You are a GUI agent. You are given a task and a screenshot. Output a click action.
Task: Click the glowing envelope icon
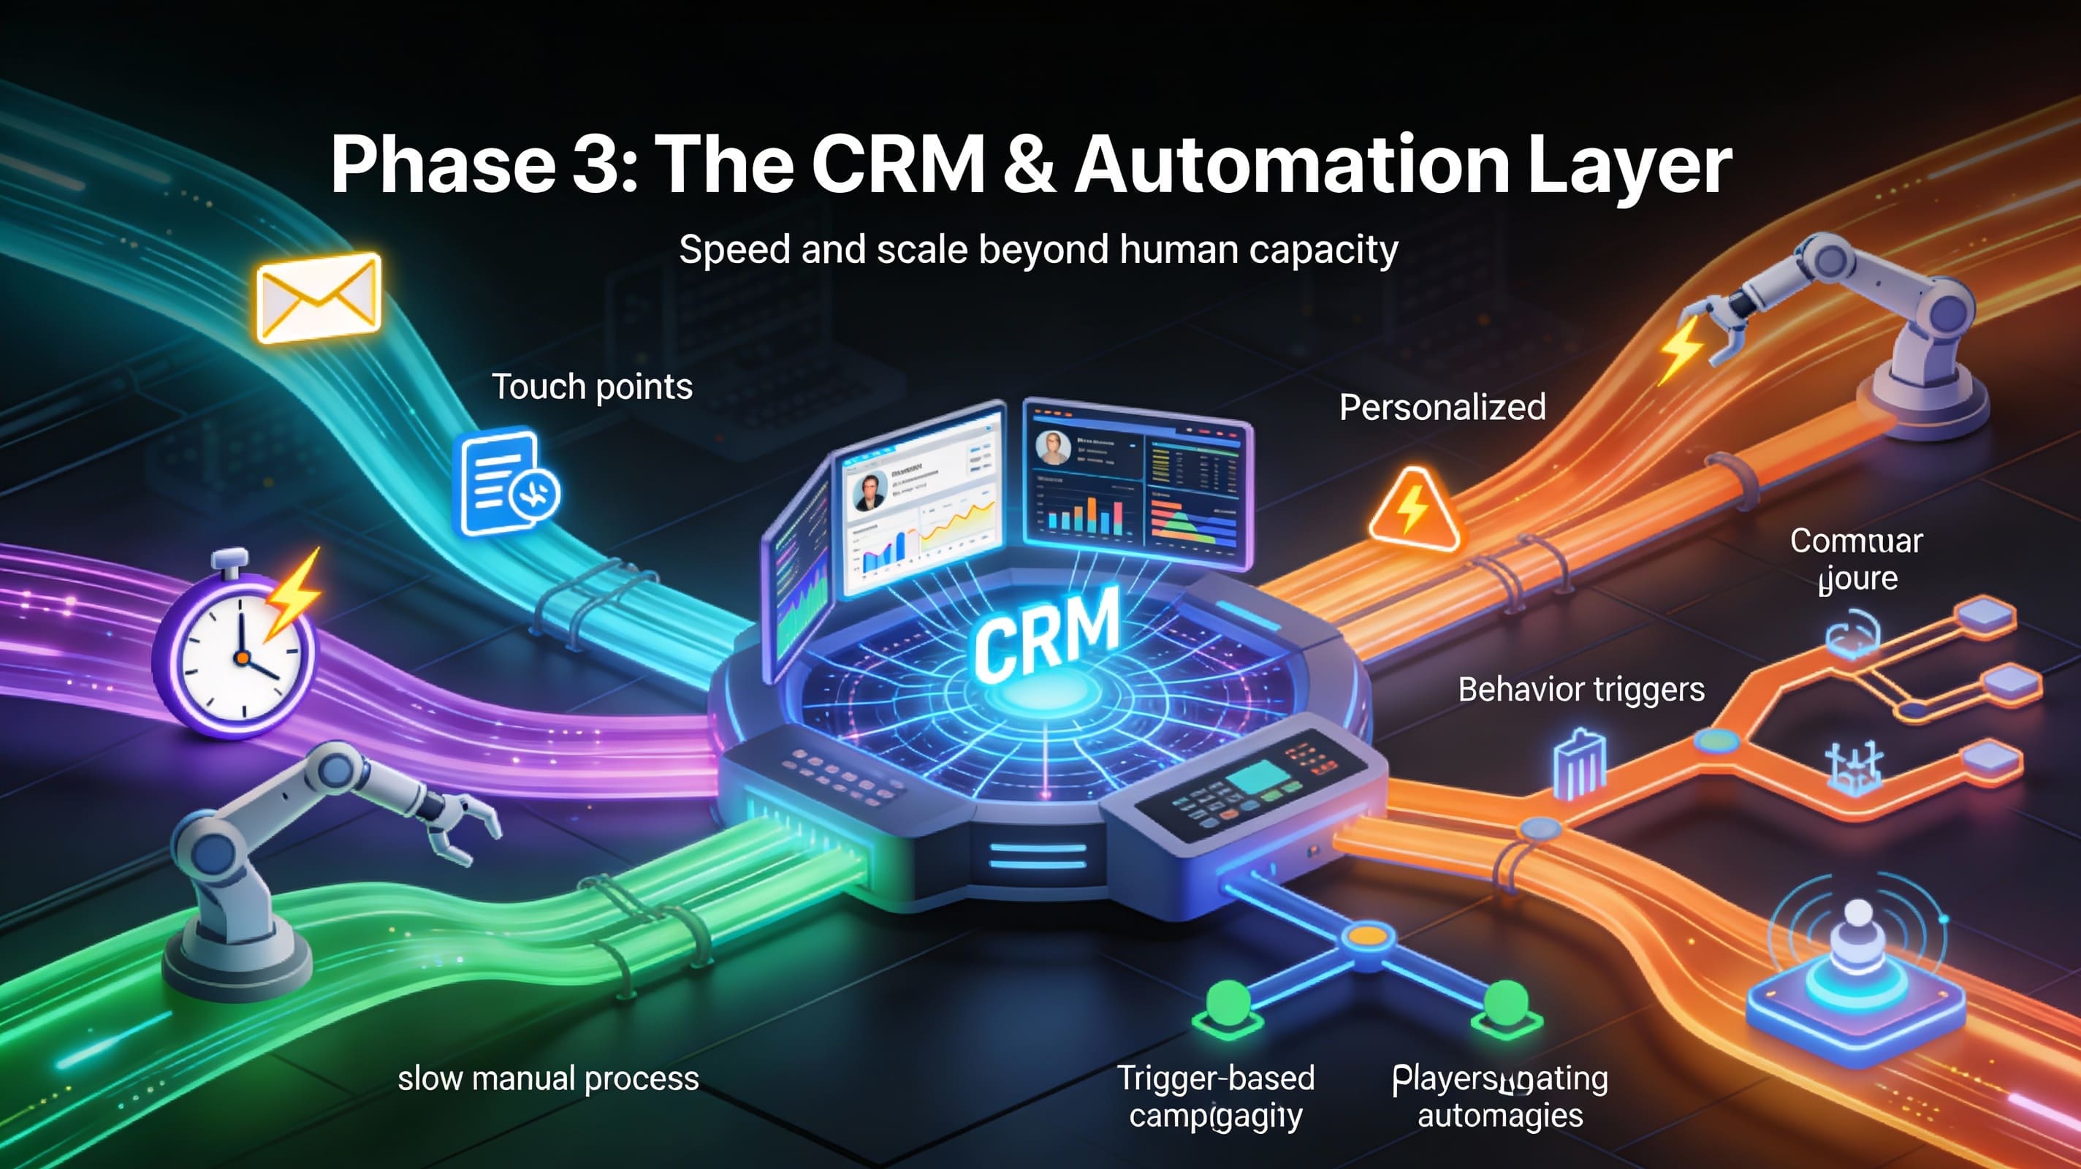point(319,297)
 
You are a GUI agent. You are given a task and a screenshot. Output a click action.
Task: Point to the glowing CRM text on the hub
point(1047,632)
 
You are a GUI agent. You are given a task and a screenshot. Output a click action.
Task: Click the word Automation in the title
point(1291,165)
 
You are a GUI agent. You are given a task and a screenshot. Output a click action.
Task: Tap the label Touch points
point(592,387)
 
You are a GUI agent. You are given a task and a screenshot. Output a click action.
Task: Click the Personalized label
point(1442,407)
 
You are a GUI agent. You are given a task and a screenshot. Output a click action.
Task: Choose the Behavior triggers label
point(1581,690)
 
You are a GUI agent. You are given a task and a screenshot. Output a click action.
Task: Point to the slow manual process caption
point(548,1078)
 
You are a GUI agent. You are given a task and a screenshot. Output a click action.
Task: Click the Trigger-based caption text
point(1216,1078)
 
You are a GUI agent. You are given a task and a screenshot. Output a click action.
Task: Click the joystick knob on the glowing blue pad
point(1858,915)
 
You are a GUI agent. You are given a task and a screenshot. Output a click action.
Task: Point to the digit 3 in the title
point(596,165)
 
